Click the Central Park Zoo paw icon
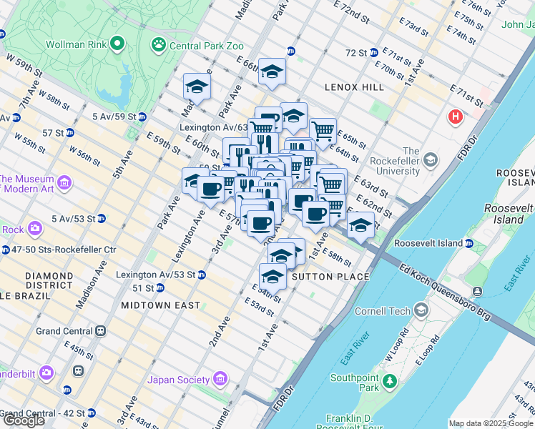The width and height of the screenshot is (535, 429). [158, 45]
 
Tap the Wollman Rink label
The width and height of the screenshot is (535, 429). [77, 44]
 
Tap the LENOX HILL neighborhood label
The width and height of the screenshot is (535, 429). [354, 87]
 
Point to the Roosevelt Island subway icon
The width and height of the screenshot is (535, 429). [469, 243]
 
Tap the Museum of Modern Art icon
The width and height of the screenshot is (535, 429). [64, 184]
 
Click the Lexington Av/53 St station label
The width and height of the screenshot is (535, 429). [155, 275]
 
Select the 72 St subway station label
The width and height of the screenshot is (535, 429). [355, 53]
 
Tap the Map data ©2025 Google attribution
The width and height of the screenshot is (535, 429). [490, 423]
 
